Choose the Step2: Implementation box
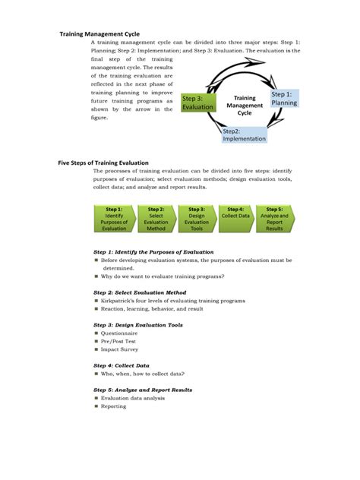(245, 134)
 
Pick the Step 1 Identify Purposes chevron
(113, 218)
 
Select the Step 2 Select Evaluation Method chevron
(155, 218)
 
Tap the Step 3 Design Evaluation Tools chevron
(196, 218)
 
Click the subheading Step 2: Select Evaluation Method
(139, 292)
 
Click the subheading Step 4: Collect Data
(121, 365)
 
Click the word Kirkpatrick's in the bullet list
(121, 301)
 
